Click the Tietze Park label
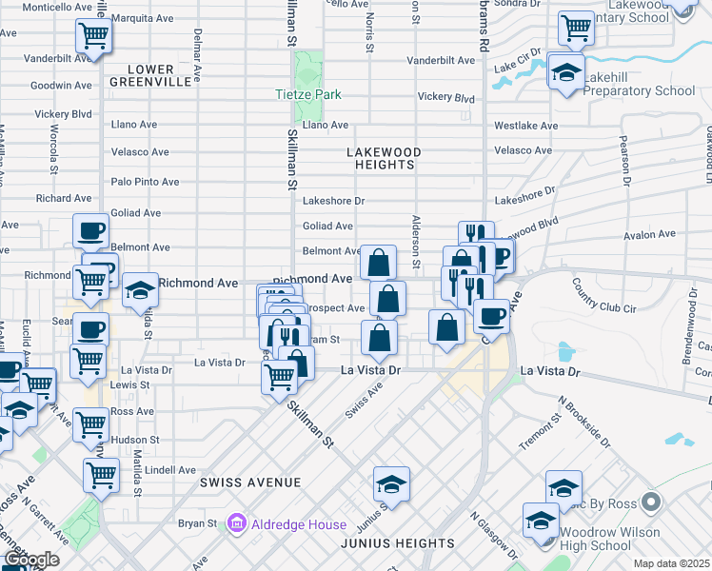(x=307, y=95)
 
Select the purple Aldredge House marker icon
(x=237, y=523)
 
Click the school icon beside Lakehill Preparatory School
(x=566, y=71)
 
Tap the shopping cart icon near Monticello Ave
(x=93, y=36)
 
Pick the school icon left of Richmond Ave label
(x=140, y=288)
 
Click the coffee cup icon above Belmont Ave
(x=91, y=230)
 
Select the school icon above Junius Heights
(x=391, y=484)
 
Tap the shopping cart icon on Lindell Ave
(x=102, y=474)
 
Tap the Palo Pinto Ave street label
(x=146, y=182)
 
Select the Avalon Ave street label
(x=649, y=235)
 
